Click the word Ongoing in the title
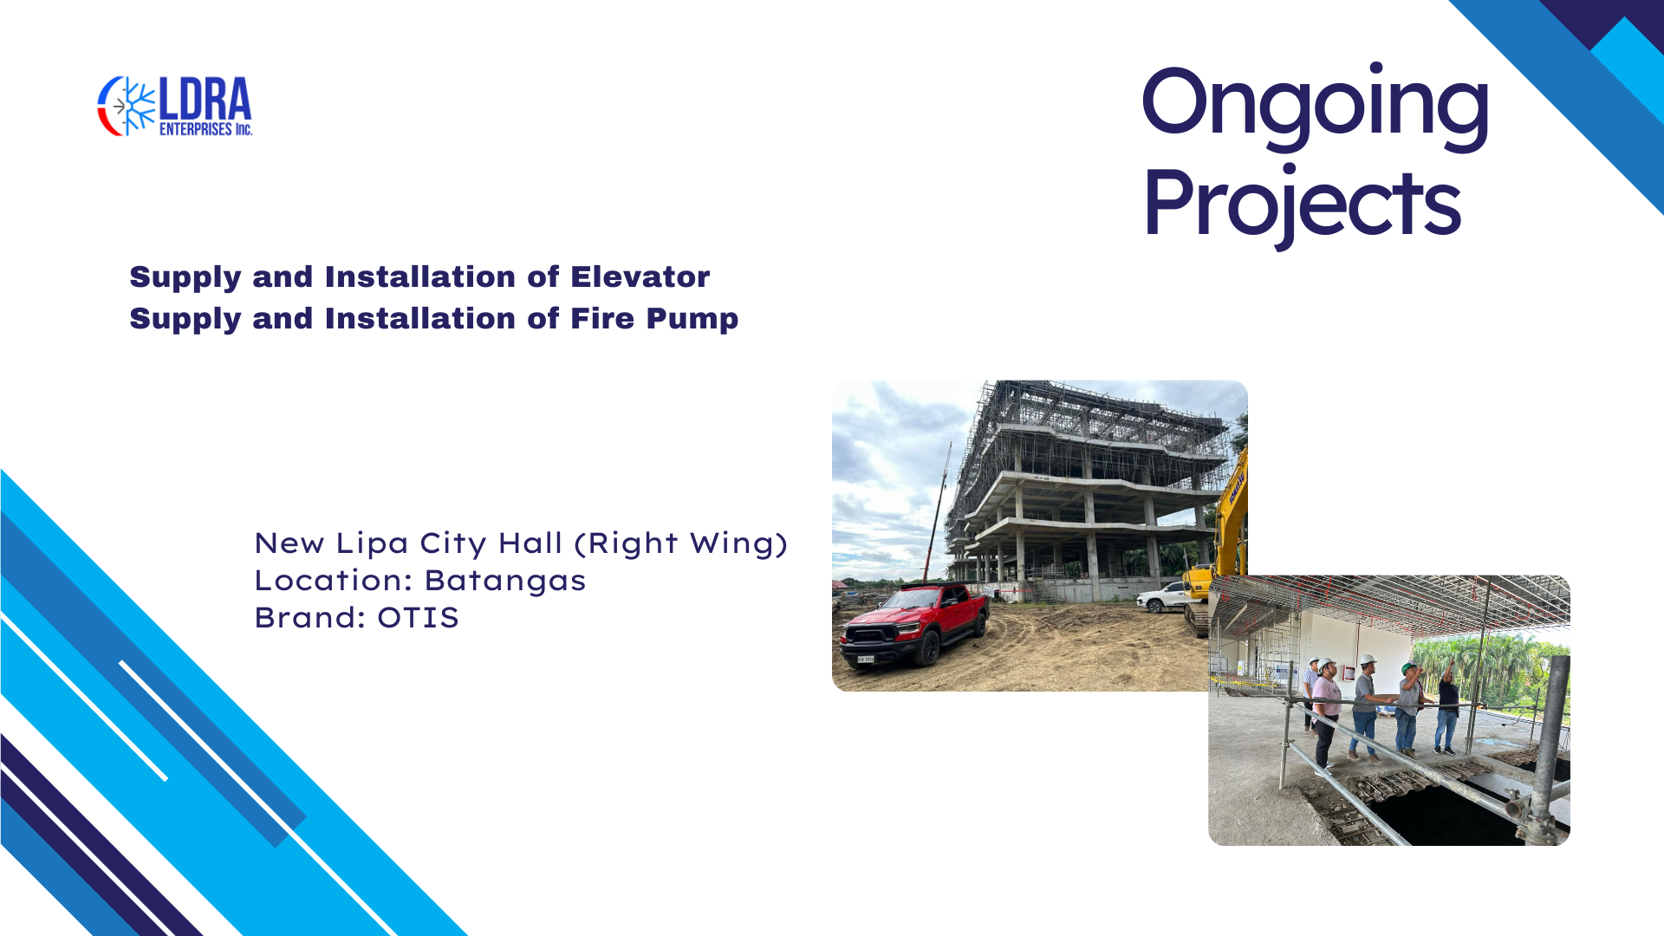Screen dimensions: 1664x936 tap(1315, 106)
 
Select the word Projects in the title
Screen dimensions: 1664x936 tap(1302, 203)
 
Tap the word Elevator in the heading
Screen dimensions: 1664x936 tap(640, 276)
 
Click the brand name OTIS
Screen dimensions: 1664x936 tap(418, 617)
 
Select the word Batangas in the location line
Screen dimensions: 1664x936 tap(505, 581)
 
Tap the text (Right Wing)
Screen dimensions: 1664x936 tap(681, 543)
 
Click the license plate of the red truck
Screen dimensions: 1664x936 tap(866, 659)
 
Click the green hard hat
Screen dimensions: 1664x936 tap(1408, 666)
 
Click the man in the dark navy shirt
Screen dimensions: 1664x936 tap(1447, 705)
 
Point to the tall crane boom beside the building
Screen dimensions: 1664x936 tap(937, 512)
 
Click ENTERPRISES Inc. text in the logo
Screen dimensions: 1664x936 tap(205, 129)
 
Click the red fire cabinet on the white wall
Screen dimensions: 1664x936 tap(1349, 673)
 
